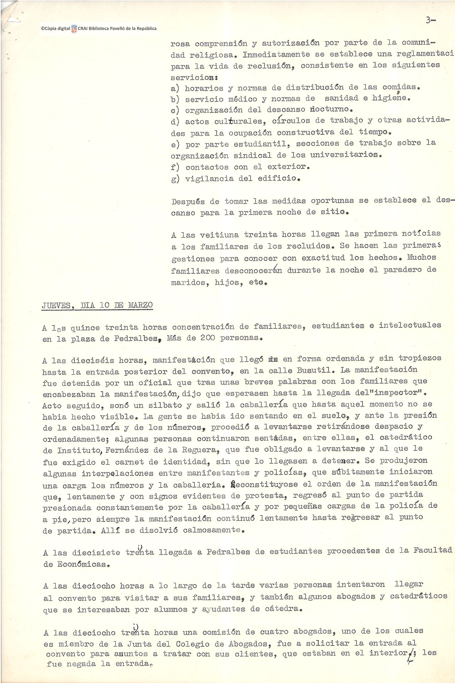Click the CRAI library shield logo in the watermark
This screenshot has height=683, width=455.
coord(74,29)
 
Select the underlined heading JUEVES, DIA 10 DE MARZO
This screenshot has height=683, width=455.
coord(97,305)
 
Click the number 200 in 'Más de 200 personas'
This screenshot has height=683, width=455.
coord(208,338)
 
